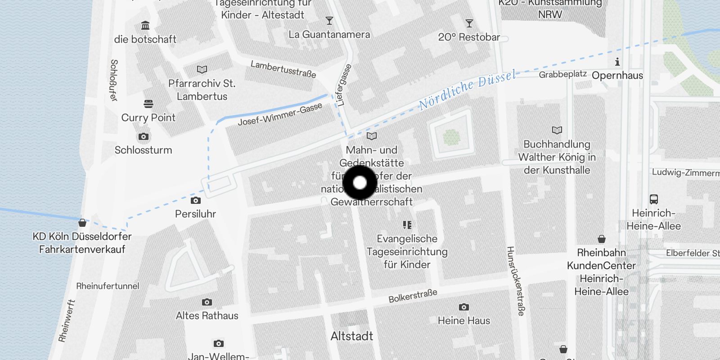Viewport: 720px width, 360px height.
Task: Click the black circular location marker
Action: (x=360, y=183)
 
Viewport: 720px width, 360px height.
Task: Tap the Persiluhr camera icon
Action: (x=196, y=200)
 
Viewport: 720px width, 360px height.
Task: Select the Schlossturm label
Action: (x=143, y=150)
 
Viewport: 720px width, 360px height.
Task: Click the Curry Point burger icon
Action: (x=148, y=104)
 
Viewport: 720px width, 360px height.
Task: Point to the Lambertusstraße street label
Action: (x=283, y=69)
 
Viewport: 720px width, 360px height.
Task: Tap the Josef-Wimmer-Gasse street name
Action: (x=280, y=114)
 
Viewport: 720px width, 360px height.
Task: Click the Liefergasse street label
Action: (x=343, y=85)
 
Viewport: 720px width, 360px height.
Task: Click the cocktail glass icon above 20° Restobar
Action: (x=469, y=23)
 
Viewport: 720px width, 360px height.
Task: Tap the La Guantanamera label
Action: (x=329, y=35)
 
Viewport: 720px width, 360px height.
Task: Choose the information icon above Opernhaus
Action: (x=617, y=62)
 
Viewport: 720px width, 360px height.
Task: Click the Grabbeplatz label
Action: (x=562, y=74)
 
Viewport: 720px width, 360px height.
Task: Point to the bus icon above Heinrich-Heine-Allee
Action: (x=654, y=199)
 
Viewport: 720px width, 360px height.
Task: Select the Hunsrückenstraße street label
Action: (x=516, y=281)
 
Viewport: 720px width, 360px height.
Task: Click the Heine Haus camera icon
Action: (x=464, y=307)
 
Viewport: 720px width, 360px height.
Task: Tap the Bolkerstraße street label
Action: (x=413, y=296)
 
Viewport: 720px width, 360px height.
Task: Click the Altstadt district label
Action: (x=351, y=336)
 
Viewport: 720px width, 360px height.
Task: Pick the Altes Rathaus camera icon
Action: (x=207, y=302)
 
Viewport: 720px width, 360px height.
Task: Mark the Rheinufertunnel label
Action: (x=108, y=286)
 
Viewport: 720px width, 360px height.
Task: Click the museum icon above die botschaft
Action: (x=145, y=26)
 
